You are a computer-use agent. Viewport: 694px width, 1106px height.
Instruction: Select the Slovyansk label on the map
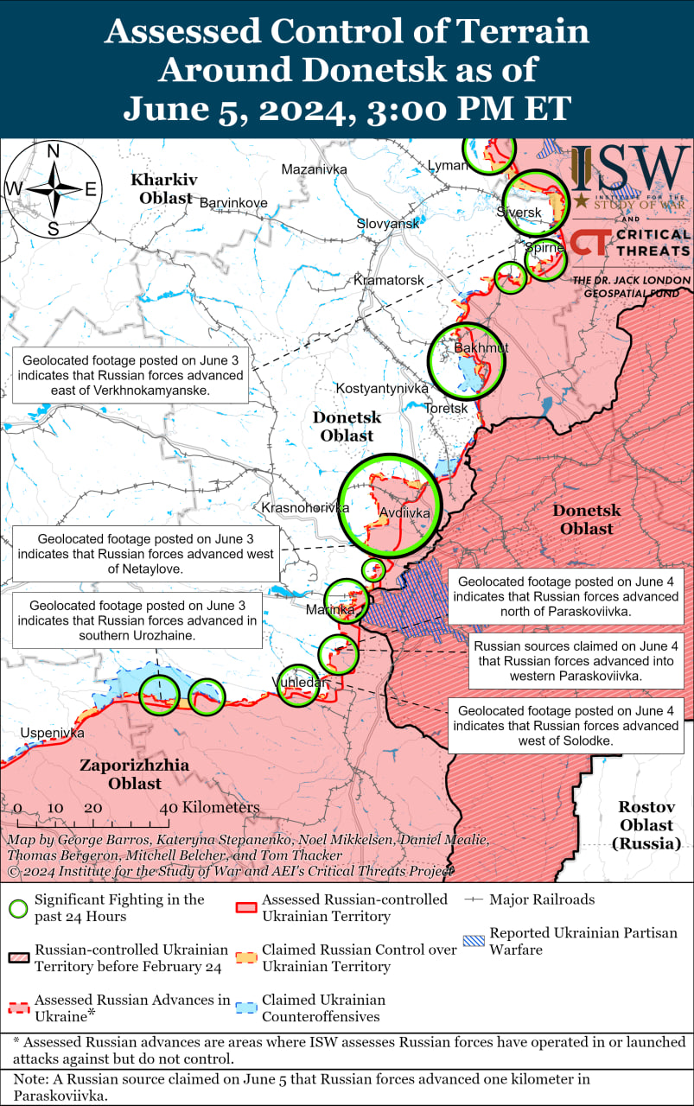coord(388,223)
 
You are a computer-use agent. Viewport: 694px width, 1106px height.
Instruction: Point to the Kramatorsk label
coord(389,281)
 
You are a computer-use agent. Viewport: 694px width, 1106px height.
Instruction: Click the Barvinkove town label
coord(233,203)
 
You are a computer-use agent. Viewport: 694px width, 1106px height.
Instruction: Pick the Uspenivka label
coord(53,733)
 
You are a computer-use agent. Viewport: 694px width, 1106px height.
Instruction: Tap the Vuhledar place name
coord(300,683)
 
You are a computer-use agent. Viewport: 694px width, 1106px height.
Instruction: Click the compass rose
coord(53,188)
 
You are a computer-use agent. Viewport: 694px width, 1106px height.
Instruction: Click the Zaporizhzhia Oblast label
coord(135,774)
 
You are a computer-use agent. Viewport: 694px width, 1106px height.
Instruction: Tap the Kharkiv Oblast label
coord(163,188)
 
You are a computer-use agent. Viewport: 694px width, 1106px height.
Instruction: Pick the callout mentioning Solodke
coord(565,725)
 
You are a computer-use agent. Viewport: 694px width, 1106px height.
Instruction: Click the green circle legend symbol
coord(18,907)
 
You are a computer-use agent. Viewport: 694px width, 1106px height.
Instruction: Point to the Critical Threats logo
coord(631,242)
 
